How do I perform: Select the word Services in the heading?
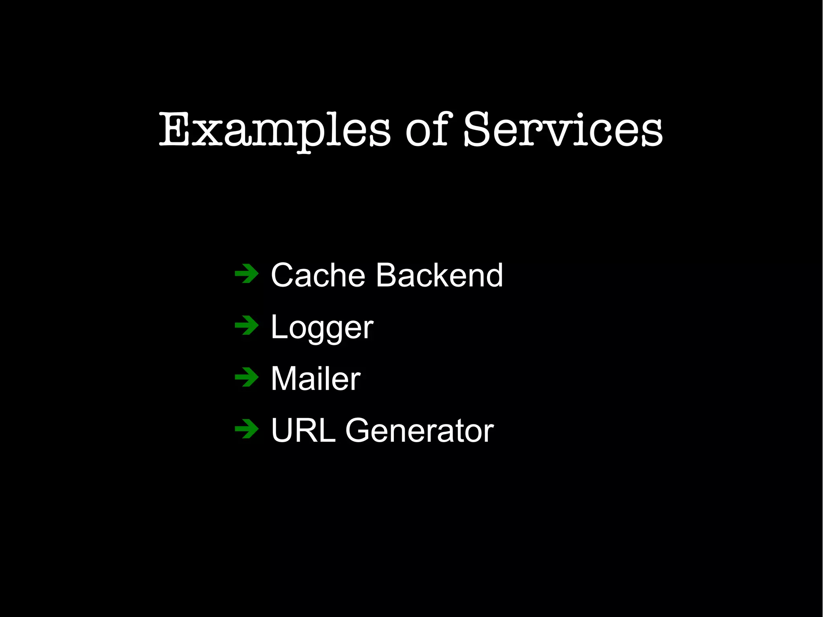click(x=563, y=129)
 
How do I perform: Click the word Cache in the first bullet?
click(x=318, y=275)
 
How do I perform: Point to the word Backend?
click(x=439, y=275)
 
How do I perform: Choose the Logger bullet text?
click(x=322, y=328)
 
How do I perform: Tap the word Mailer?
click(x=315, y=379)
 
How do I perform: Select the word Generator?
click(x=420, y=430)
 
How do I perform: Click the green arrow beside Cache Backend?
click(x=246, y=274)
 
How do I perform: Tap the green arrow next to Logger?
click(x=246, y=326)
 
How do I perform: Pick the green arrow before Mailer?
click(x=246, y=377)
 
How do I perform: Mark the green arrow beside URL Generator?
click(x=246, y=429)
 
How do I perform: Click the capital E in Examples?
click(x=174, y=129)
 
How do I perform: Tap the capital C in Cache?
click(x=284, y=275)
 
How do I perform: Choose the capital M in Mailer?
click(x=286, y=379)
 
